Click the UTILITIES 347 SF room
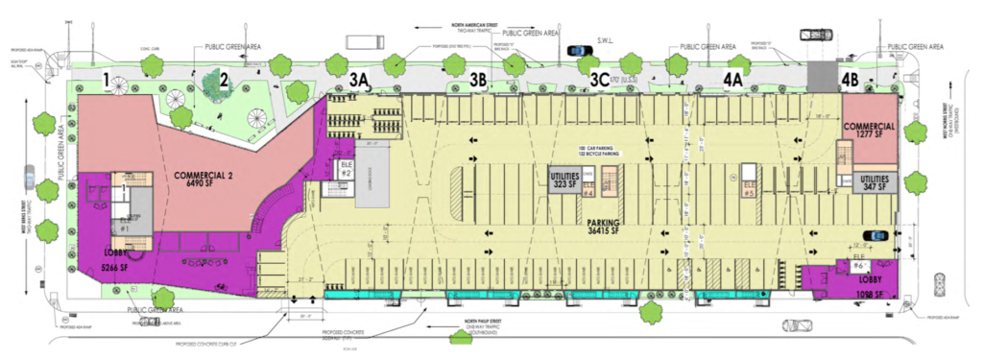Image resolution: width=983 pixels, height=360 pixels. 875,184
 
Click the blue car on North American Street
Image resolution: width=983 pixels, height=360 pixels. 578,52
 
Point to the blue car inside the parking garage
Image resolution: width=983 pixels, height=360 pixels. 875,234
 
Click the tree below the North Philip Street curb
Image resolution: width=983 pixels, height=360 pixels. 649,312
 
